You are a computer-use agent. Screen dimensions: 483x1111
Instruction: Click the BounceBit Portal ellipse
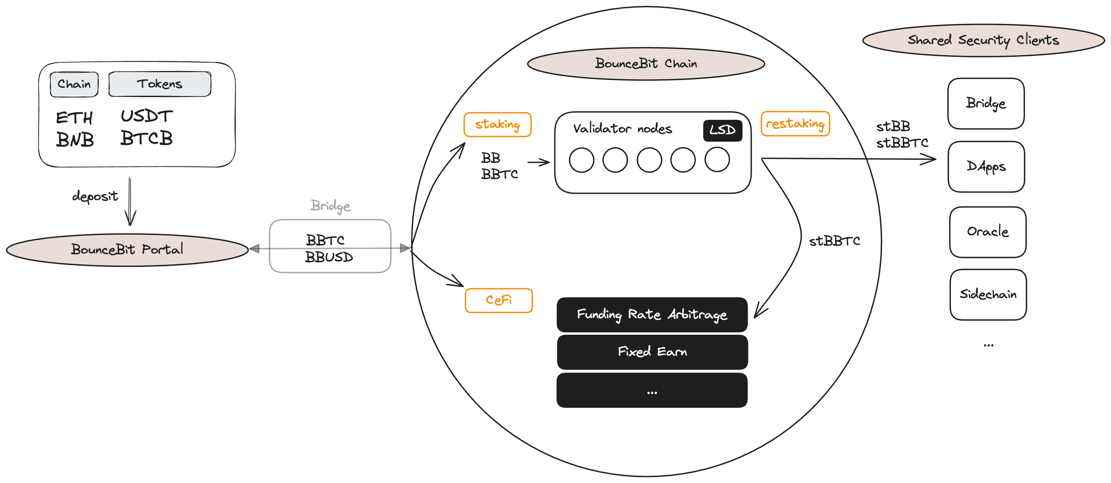(x=127, y=250)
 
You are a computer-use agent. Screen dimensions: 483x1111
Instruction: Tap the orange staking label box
(x=497, y=124)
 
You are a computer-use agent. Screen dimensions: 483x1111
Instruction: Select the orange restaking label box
(x=795, y=124)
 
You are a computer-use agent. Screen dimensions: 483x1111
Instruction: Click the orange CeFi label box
(x=499, y=301)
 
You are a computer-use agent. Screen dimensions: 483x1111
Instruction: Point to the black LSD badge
(x=722, y=130)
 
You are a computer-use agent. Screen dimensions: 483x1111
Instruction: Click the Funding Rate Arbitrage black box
(x=652, y=315)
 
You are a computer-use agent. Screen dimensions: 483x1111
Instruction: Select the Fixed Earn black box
(x=652, y=352)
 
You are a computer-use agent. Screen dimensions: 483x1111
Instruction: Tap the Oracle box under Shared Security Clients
(x=988, y=232)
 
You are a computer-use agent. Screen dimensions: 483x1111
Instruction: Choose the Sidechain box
(x=988, y=295)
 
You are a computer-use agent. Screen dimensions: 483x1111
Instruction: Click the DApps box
(x=986, y=167)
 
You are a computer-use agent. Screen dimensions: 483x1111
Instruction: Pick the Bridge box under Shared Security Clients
(x=986, y=104)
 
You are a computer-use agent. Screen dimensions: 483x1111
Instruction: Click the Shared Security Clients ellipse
(x=983, y=41)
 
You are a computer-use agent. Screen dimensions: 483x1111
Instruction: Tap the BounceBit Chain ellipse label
(x=646, y=64)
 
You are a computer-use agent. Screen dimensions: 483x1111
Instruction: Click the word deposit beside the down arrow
(x=95, y=196)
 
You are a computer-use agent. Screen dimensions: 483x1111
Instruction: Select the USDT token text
(x=147, y=116)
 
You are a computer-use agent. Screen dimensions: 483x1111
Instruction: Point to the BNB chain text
(x=75, y=140)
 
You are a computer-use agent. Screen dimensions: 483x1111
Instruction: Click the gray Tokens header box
(x=160, y=84)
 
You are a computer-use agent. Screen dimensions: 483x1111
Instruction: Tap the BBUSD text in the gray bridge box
(x=329, y=258)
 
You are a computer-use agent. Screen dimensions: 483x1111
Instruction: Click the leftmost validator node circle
(x=582, y=160)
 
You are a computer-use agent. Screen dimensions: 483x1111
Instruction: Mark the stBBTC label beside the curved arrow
(x=834, y=241)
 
